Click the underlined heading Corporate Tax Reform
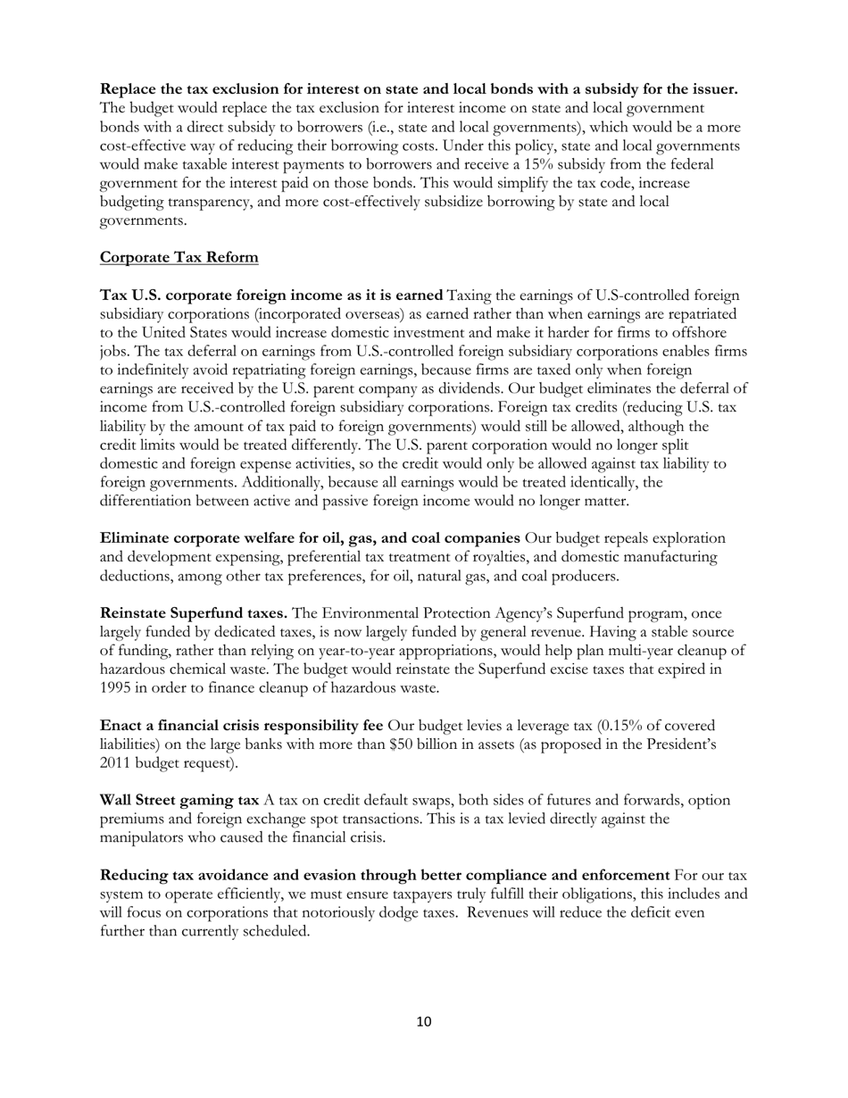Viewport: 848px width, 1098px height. [x=179, y=258]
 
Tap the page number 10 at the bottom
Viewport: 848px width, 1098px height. [x=424, y=1022]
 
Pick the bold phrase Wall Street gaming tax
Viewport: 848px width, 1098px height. [x=179, y=800]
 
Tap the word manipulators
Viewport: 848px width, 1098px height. [x=143, y=837]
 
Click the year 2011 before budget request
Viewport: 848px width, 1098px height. [x=117, y=763]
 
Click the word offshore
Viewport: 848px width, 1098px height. [x=711, y=333]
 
